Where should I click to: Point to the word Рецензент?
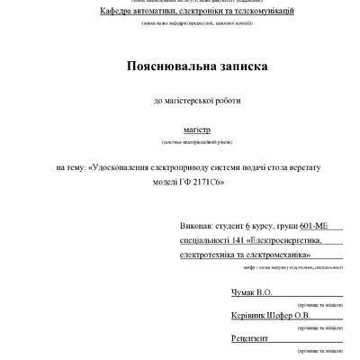coord(243,337)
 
